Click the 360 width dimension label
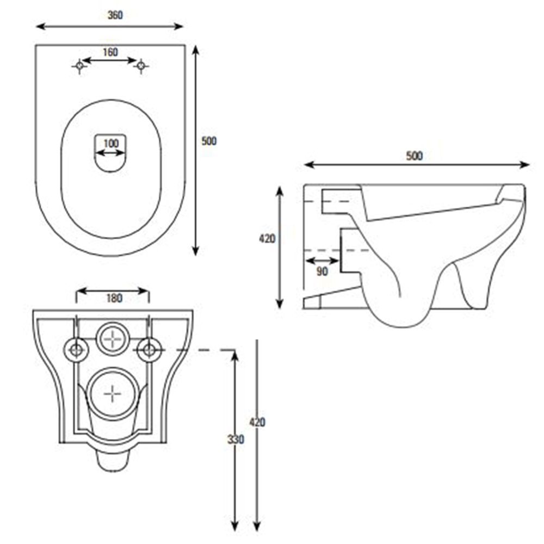pos(115,15)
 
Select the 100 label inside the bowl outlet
pos(110,143)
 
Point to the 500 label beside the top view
pos(209,141)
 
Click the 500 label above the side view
pos(415,156)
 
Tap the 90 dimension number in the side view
pos(322,271)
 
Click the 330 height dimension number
pos(236,438)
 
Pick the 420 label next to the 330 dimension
pos(257,422)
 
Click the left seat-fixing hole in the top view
pos(80,66)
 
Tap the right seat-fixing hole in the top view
pos(141,66)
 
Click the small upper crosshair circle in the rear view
pos(113,338)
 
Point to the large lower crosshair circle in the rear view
pos(112,393)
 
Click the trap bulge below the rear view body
pos(113,460)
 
